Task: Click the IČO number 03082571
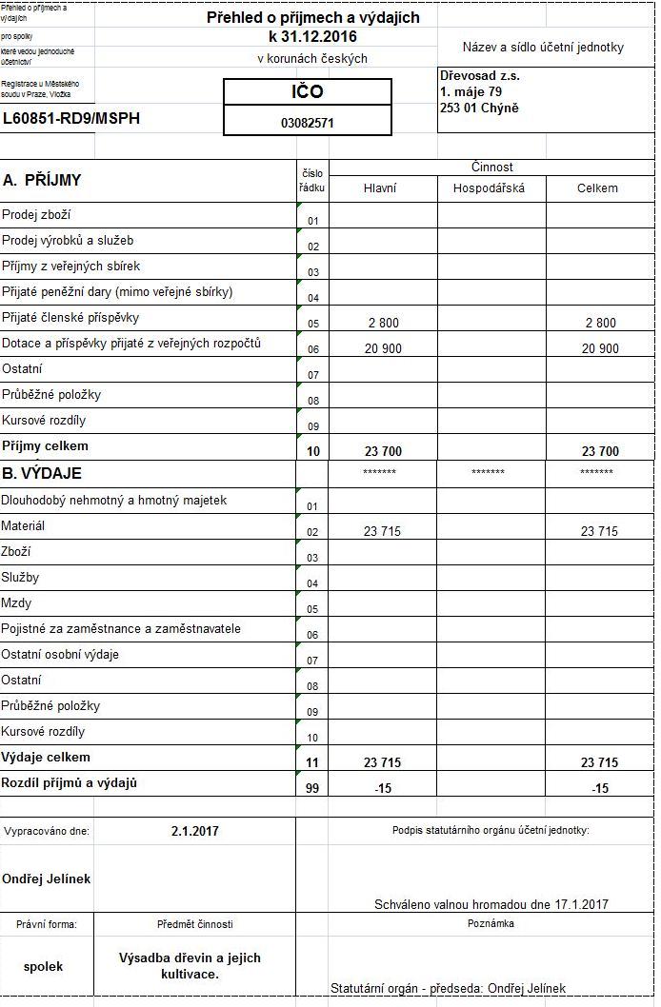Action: (x=307, y=123)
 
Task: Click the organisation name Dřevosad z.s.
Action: (x=479, y=75)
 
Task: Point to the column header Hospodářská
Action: (x=491, y=188)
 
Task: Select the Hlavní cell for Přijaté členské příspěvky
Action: (x=383, y=324)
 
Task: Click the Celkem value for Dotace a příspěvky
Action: (x=599, y=349)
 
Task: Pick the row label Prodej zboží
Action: (x=36, y=215)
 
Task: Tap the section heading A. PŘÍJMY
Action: (x=42, y=180)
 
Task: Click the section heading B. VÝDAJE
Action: (x=42, y=473)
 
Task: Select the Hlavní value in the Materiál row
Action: (x=382, y=532)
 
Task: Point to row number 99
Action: (x=312, y=789)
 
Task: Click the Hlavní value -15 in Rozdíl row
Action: (x=383, y=789)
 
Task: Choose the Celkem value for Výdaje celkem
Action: (x=599, y=762)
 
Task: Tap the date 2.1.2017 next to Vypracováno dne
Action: (x=195, y=831)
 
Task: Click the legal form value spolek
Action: (x=43, y=966)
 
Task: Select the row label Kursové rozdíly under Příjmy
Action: (x=44, y=421)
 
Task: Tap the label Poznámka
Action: (x=491, y=923)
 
